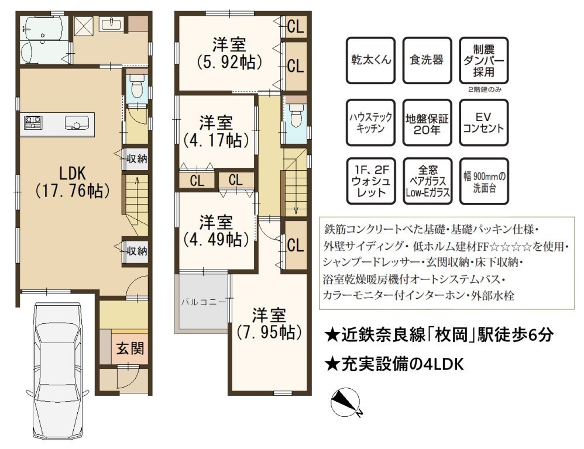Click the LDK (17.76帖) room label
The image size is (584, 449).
[73, 182]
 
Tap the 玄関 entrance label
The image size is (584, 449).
[130, 348]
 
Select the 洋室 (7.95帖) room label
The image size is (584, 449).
[269, 324]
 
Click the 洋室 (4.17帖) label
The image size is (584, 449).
[217, 132]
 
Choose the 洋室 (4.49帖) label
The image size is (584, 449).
[217, 231]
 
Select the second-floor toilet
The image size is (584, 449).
[297, 114]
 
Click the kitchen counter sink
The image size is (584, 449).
[77, 123]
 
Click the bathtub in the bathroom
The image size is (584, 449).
[43, 28]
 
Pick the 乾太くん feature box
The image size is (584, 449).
[370, 60]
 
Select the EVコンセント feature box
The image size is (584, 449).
[483, 122]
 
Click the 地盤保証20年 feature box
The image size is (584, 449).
[427, 122]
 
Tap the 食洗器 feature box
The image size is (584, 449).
[427, 60]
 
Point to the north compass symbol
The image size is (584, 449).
[346, 402]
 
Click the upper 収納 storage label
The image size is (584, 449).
[137, 159]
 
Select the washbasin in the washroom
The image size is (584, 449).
[111, 24]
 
